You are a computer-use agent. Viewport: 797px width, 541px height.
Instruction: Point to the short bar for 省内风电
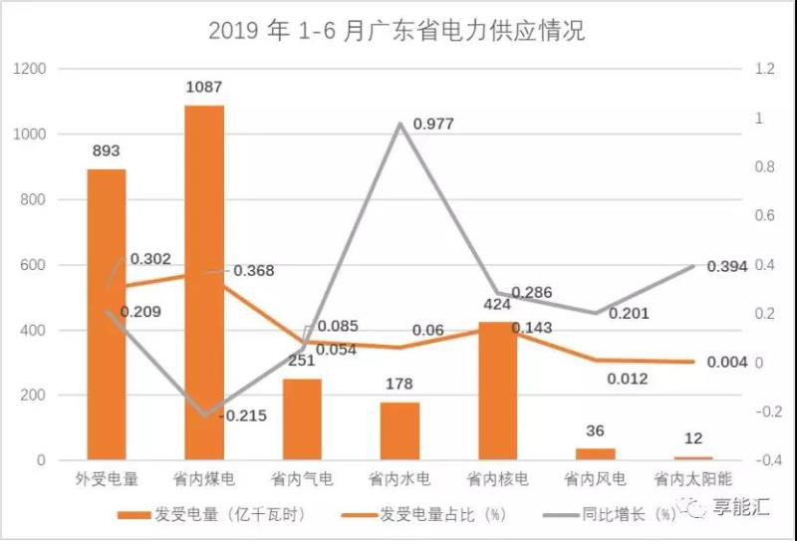click(x=596, y=454)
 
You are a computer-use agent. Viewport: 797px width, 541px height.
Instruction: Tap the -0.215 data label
click(x=239, y=416)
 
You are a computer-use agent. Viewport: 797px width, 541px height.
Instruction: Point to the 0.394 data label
click(x=726, y=266)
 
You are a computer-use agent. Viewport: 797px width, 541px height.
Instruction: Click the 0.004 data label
click(x=726, y=362)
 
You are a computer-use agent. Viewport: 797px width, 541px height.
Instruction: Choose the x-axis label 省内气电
click(x=302, y=480)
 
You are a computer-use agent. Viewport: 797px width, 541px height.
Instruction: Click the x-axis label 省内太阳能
click(x=693, y=480)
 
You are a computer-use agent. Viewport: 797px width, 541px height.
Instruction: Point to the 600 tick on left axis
click(x=33, y=265)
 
